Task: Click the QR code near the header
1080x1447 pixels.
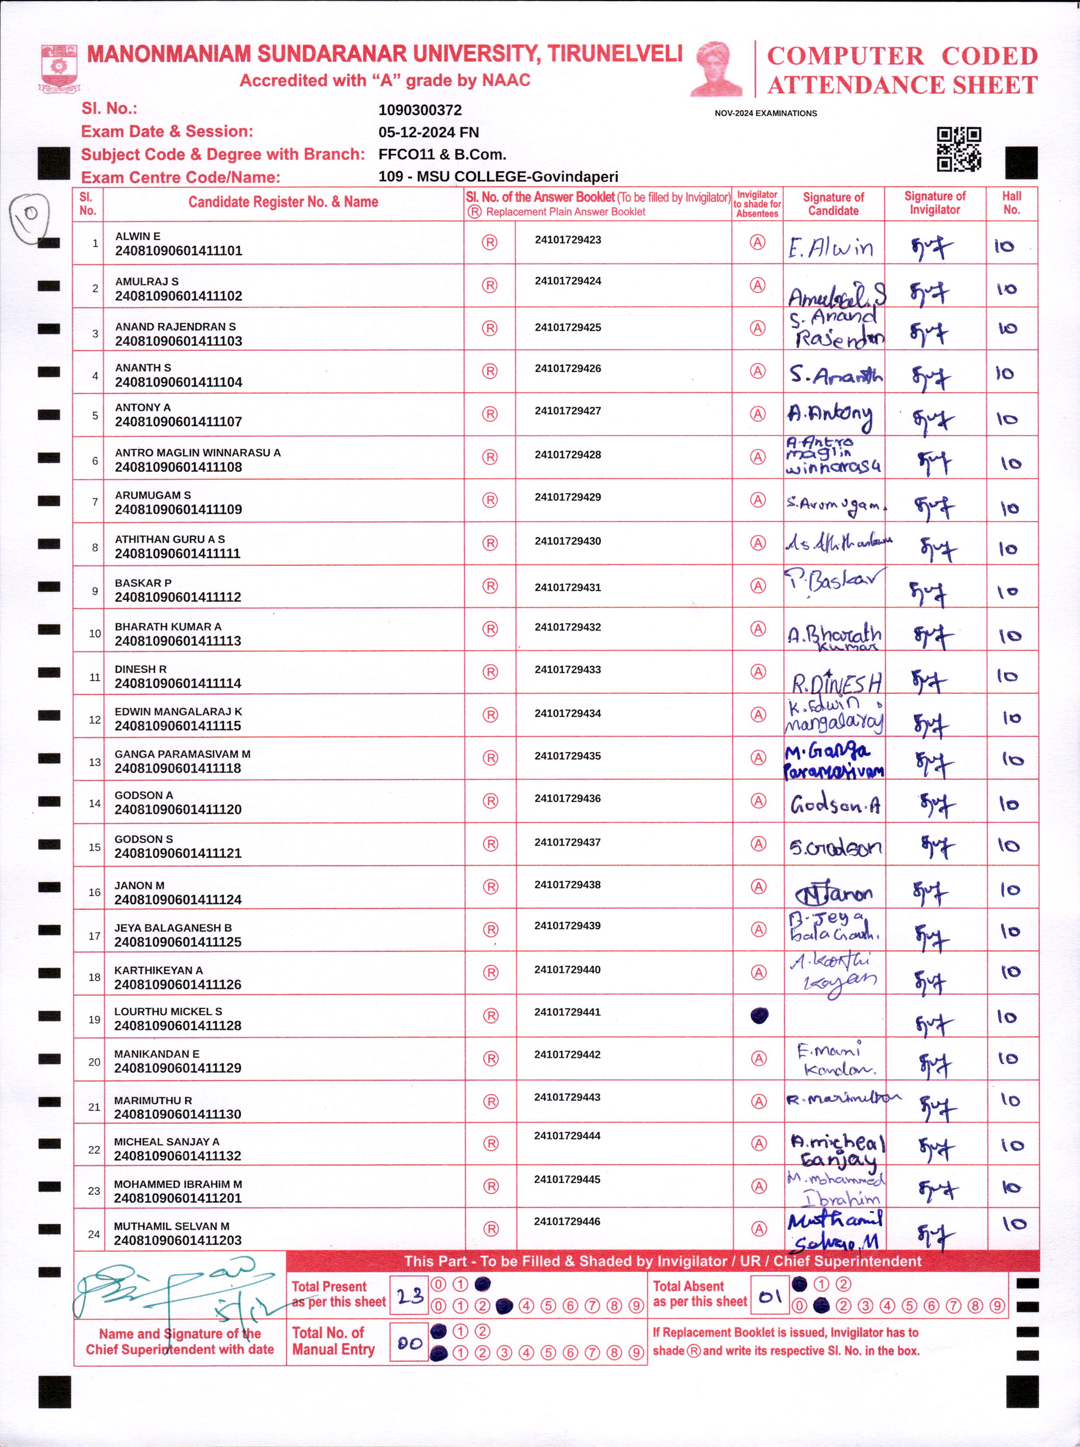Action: coord(959,149)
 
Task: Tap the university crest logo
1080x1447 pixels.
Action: coord(59,68)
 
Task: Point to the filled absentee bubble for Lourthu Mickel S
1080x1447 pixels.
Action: coord(758,1015)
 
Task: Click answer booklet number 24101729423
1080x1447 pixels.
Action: coord(568,240)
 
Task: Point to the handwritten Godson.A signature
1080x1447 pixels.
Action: coord(835,804)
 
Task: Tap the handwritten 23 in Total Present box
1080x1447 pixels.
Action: coord(410,1295)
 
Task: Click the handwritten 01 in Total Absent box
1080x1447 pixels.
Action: coord(770,1295)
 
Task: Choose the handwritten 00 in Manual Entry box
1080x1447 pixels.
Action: coord(410,1343)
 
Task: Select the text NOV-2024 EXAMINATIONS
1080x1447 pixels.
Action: coord(765,114)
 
